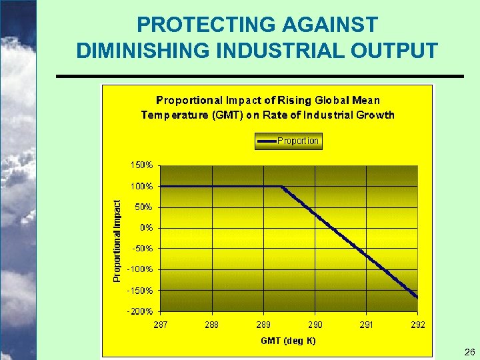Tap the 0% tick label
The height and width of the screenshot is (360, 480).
coord(146,227)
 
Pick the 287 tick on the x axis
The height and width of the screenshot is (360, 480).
coord(161,325)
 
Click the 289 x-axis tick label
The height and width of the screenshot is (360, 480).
coord(263,325)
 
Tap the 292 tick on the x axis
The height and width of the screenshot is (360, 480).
coord(417,325)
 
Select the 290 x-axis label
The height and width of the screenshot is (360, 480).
coord(315,325)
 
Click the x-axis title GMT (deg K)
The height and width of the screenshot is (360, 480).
coord(288,341)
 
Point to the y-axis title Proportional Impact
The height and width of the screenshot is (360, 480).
coord(117,241)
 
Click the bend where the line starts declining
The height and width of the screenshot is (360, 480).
coord(281,187)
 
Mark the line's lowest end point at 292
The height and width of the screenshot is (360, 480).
coord(417,297)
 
